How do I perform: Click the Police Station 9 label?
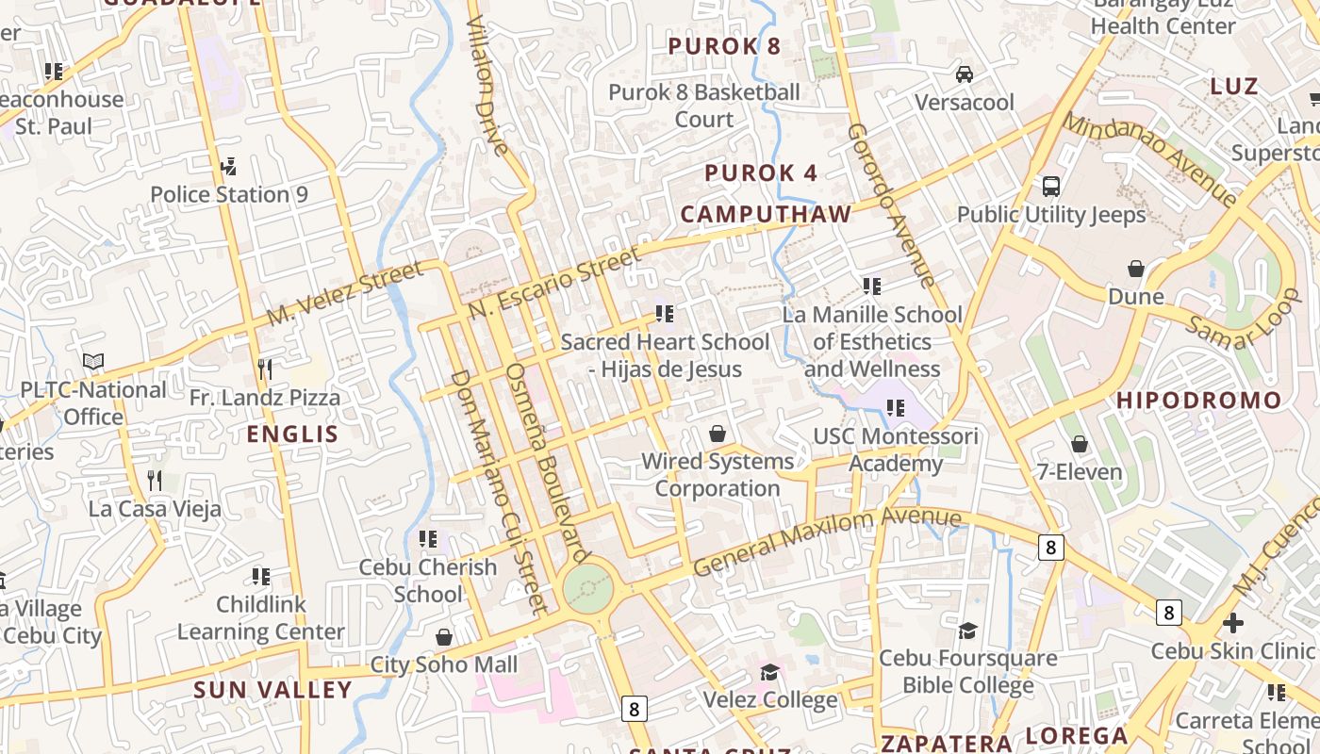click(229, 194)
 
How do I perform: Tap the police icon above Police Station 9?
click(228, 167)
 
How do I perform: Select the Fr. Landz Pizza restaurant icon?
click(265, 369)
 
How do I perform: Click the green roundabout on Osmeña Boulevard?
click(588, 589)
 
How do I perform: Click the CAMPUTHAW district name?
click(766, 214)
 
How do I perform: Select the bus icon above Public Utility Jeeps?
click(1051, 187)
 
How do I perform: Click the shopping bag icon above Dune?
click(1136, 269)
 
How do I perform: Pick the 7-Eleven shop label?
click(1080, 471)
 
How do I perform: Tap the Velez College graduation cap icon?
click(770, 672)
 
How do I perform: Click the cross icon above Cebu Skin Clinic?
click(1232, 623)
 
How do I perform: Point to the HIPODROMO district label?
click(1199, 401)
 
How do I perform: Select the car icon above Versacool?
click(965, 74)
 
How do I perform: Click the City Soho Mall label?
click(443, 664)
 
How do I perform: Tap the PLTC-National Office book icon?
click(92, 361)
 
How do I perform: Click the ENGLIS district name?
click(292, 434)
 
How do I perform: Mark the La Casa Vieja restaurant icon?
click(155, 480)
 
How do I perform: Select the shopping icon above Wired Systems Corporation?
click(718, 434)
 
